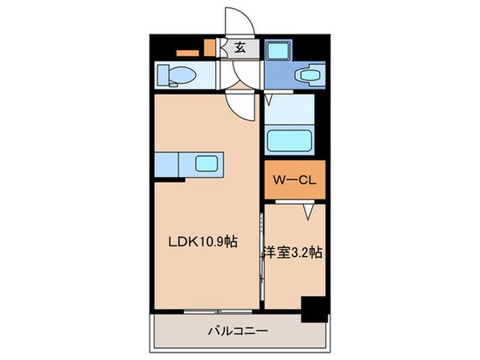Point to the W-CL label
(x=294, y=181)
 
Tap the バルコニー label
(x=238, y=330)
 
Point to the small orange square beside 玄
(x=210, y=47)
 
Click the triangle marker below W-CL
(x=306, y=212)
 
